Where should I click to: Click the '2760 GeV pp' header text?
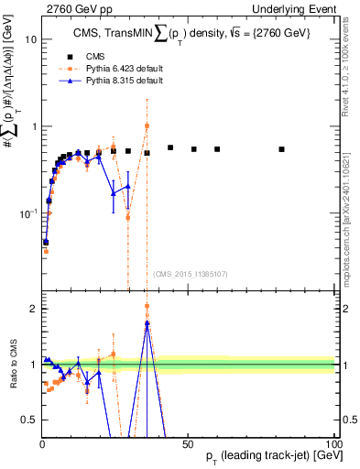point(72,8)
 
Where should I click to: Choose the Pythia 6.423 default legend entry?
point(119,69)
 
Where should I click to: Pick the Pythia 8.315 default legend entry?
point(119,82)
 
